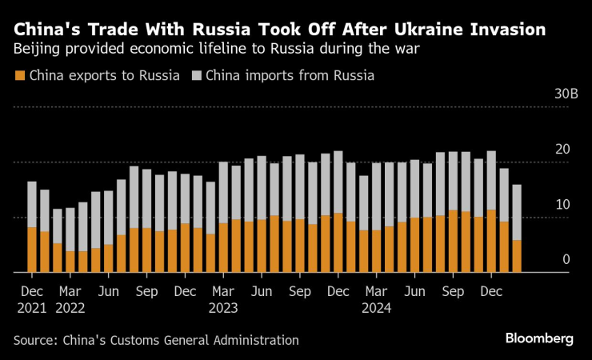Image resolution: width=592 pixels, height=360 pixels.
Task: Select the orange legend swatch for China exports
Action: coord(20,76)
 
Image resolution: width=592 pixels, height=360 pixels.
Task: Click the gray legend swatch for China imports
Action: coord(197,76)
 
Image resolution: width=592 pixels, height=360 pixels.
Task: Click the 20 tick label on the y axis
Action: coord(562,149)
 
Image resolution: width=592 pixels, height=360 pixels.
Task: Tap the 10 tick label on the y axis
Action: coord(562,204)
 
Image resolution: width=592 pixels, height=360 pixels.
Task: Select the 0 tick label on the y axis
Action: coord(566,259)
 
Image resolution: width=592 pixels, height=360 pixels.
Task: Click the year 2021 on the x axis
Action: coord(32,307)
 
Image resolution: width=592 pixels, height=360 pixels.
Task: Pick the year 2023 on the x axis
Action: coord(223,307)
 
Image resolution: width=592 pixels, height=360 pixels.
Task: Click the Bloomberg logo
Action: coord(539,339)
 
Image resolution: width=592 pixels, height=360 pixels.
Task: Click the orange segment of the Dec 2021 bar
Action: coord(32,250)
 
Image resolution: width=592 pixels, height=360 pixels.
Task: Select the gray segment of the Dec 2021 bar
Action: coord(32,204)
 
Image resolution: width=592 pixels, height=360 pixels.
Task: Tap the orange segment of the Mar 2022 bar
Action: coord(70,262)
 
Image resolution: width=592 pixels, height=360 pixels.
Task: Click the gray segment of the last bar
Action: coord(517,212)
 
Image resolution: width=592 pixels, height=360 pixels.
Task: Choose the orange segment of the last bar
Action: coord(517,256)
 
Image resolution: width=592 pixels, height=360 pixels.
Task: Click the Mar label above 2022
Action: coord(70,292)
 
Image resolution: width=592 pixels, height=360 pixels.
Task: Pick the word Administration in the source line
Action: coord(258,340)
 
